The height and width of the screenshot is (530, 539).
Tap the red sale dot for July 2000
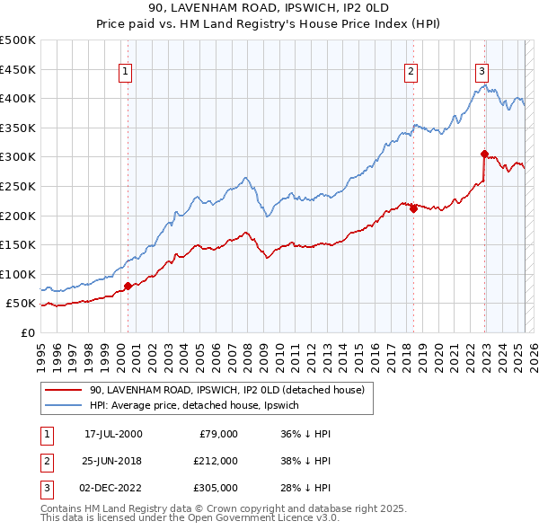click(128, 287)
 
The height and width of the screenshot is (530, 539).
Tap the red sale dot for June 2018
click(413, 208)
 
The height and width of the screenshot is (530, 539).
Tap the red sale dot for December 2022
click(484, 154)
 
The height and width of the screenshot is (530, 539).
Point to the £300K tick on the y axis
click(17, 156)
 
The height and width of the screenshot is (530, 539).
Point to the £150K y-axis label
click(17, 244)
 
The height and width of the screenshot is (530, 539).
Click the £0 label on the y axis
click(26, 332)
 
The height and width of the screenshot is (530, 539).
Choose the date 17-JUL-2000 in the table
click(113, 434)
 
